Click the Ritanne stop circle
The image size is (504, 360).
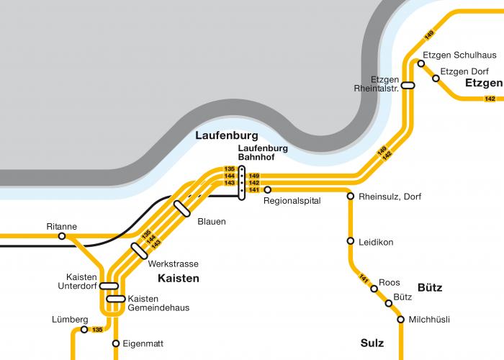pyautogui.click(x=62, y=235)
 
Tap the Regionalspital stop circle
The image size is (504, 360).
pyautogui.click(x=267, y=190)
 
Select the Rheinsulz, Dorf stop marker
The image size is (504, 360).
pyautogui.click(x=351, y=196)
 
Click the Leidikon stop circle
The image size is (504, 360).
pyautogui.click(x=351, y=241)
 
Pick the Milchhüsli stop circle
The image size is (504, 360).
pyautogui.click(x=400, y=319)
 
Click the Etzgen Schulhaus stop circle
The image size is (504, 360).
pyautogui.click(x=421, y=63)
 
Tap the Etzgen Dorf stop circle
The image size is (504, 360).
pyautogui.click(x=436, y=78)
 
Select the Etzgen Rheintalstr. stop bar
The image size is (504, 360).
pyautogui.click(x=408, y=85)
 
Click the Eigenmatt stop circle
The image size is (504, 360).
pyautogui.click(x=115, y=343)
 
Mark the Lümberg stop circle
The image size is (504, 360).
pyautogui.click(x=84, y=330)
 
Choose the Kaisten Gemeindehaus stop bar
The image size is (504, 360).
pyautogui.click(x=115, y=299)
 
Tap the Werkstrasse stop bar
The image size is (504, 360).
pyautogui.click(x=140, y=250)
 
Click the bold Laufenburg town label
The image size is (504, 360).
pyautogui.click(x=226, y=135)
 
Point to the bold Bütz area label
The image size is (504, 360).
pyautogui.click(x=430, y=287)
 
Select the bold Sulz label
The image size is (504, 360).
pyautogui.click(x=372, y=343)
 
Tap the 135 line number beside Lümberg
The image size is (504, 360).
pyautogui.click(x=96, y=330)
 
